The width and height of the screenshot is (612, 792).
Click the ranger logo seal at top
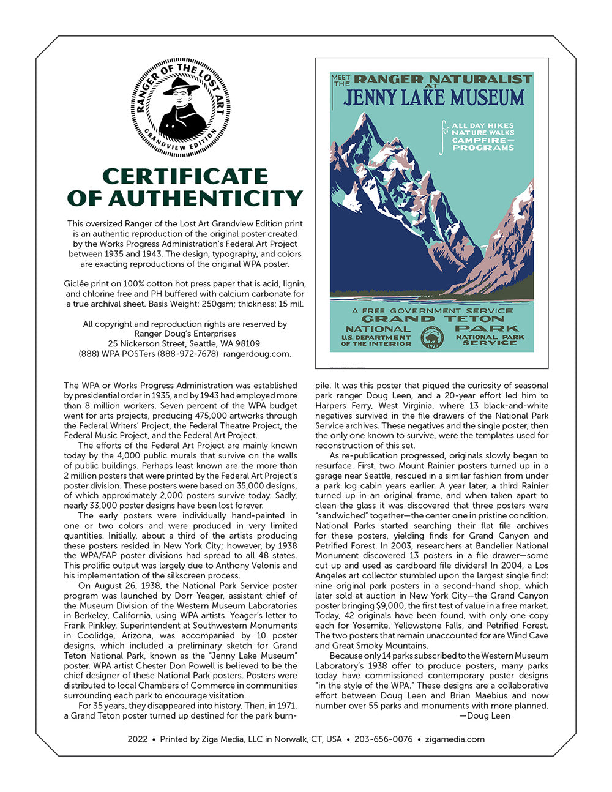(180, 107)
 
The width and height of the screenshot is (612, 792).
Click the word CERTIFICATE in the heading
(185, 176)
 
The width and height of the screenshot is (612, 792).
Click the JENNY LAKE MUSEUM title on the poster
(433, 97)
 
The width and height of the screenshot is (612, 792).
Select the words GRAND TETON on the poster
(431, 319)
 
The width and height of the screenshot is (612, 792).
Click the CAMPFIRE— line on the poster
(483, 140)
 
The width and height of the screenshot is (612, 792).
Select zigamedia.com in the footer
(455, 739)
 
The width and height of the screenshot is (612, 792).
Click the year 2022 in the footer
(138, 739)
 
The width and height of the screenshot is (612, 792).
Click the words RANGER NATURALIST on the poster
(443, 79)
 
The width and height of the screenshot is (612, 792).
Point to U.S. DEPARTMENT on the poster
(376, 337)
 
